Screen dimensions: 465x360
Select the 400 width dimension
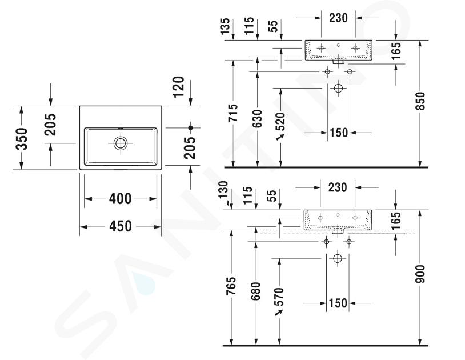tap(120, 199)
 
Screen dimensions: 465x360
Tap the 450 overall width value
tap(121, 226)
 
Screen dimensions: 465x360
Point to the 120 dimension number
tap(179, 87)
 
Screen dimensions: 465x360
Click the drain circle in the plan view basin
tap(121, 143)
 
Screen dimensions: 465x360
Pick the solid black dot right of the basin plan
tap(190, 128)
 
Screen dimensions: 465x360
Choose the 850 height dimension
tap(420, 101)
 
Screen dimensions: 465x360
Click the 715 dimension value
tap(234, 113)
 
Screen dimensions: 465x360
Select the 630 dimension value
tap(258, 118)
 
